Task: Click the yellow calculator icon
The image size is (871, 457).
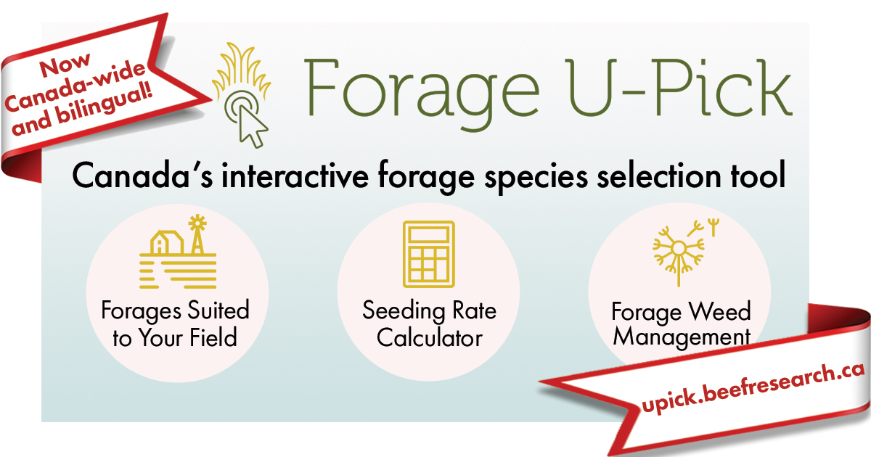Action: [428, 255]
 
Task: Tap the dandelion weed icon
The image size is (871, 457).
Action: [679, 250]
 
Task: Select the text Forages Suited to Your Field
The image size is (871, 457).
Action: [175, 324]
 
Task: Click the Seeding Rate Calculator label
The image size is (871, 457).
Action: [429, 324]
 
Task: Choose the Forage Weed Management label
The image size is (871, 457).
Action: [681, 324]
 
